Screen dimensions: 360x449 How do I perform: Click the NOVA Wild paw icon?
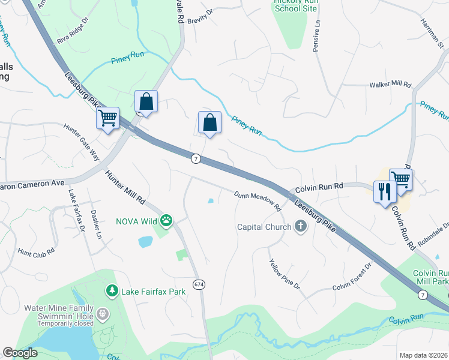coord(166,221)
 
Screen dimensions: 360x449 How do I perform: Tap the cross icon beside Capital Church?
coord(301,226)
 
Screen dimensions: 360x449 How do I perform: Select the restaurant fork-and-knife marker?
coord(385,191)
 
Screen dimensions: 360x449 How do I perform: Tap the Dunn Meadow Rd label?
coord(258,200)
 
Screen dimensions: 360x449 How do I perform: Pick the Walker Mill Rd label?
coord(390,85)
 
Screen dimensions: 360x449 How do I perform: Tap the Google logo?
coord(20,353)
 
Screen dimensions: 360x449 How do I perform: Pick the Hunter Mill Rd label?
coord(125,187)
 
